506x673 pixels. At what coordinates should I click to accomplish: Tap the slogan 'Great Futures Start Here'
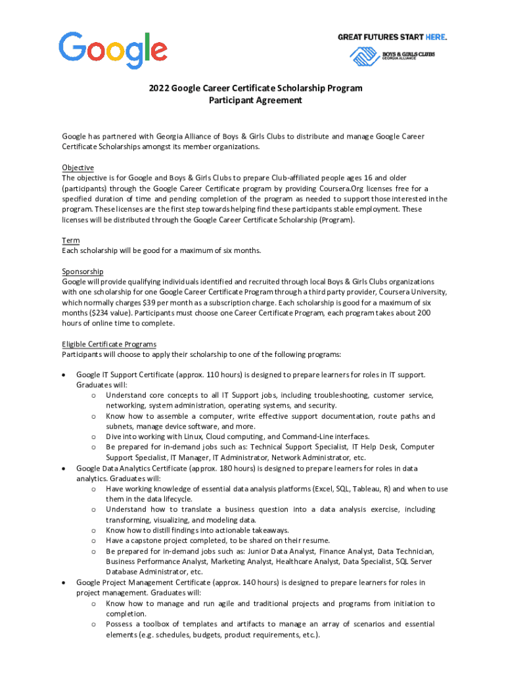387,37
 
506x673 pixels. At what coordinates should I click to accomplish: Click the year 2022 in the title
158,87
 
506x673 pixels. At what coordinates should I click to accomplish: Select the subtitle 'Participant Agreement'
255,101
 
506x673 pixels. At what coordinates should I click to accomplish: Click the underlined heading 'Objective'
78,168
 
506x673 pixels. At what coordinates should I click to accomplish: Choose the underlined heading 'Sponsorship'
82,271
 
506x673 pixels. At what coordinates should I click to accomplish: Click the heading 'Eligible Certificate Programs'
109,344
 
